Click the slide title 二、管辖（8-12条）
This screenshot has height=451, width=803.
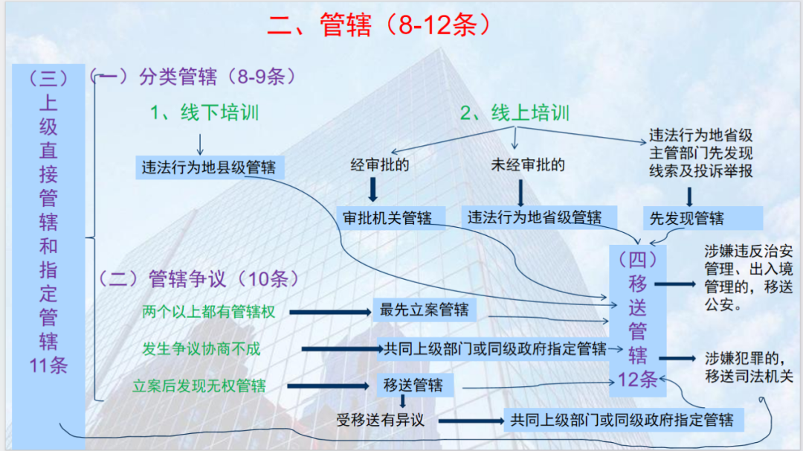click(380, 25)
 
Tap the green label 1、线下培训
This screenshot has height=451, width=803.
click(204, 113)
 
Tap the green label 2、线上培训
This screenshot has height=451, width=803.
click(515, 113)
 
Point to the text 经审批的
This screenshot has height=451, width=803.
click(379, 164)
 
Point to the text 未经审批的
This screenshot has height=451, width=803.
click(527, 164)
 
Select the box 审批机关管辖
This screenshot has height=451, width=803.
click(387, 217)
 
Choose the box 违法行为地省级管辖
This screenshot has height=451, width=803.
click(534, 217)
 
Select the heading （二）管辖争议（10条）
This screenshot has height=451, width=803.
click(198, 279)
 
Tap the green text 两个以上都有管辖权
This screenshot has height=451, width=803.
click(208, 312)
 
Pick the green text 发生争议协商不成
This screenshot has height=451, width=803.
click(201, 349)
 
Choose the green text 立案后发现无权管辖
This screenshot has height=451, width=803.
click(199, 386)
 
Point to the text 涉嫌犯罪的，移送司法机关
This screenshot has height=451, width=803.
click(748, 368)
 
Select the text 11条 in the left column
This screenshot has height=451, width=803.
click(48, 365)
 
